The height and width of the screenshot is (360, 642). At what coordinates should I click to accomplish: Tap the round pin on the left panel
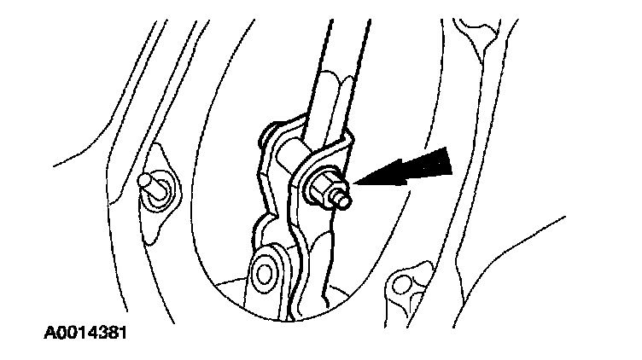pyautogui.click(x=148, y=183)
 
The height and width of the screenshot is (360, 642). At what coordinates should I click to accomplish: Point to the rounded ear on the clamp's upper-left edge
pyautogui.click(x=271, y=135)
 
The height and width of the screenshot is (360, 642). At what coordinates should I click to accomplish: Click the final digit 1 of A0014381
pyautogui.click(x=125, y=329)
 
